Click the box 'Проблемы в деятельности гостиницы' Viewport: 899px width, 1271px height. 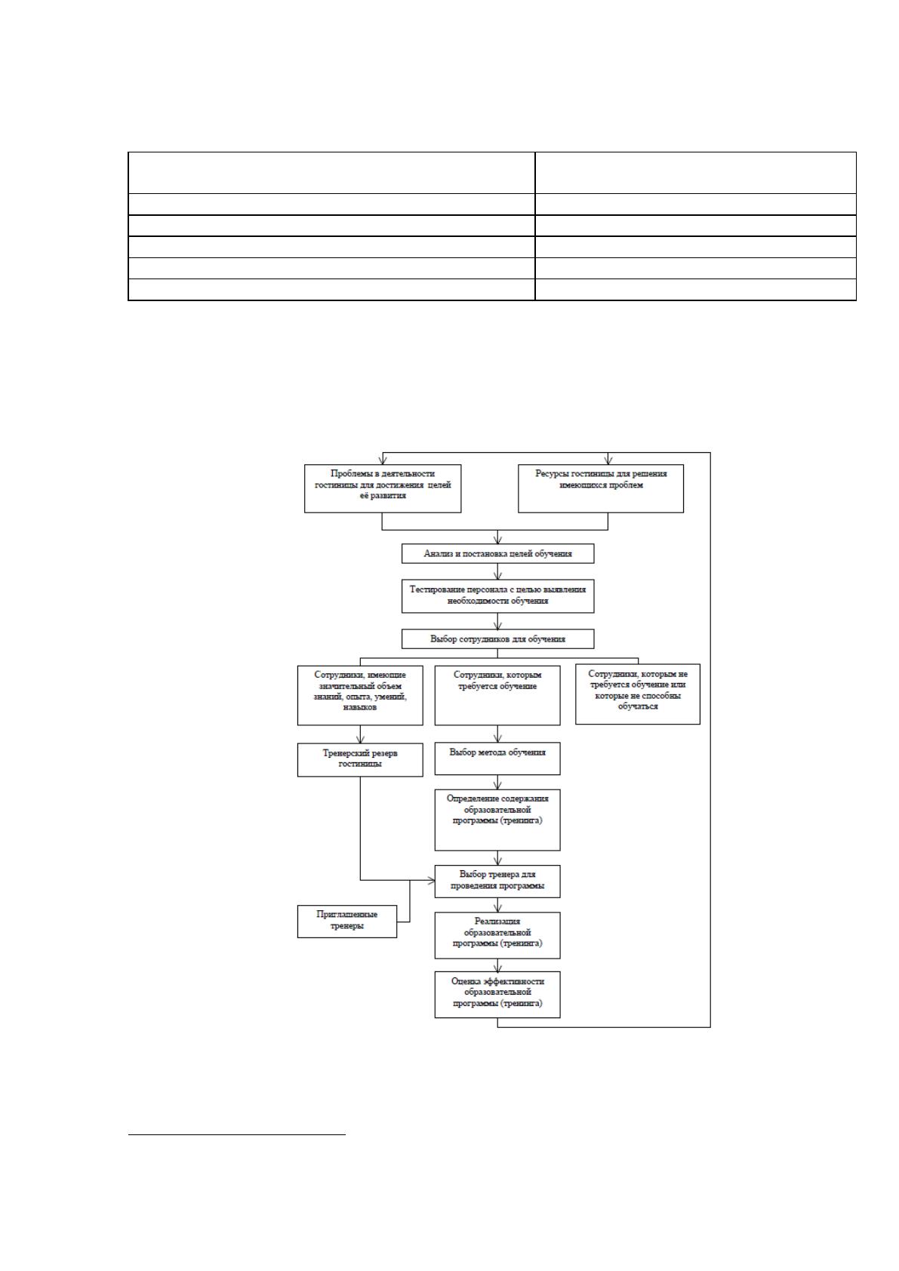pos(383,488)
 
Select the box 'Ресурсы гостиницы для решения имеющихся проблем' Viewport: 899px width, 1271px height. pos(601,488)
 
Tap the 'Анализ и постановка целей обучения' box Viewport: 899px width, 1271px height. pos(497,554)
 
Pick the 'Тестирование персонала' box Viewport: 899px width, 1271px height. pos(497,595)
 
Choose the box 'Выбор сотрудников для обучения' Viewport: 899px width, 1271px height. pos(497,639)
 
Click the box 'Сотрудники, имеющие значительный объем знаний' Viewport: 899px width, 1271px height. pos(360,695)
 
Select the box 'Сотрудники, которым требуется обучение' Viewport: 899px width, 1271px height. pos(497,695)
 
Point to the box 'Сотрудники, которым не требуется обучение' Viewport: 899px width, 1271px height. pos(637,694)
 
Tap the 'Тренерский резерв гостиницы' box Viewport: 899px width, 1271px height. pos(360,760)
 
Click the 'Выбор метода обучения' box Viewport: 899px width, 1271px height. pos(497,759)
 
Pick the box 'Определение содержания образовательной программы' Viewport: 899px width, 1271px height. pos(497,820)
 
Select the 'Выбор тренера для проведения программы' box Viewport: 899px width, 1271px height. pos(497,882)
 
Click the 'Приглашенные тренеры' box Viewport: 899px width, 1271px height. pos(346,922)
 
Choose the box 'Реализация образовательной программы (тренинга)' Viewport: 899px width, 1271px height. pos(497,935)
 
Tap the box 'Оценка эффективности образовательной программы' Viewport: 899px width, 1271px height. pos(497,995)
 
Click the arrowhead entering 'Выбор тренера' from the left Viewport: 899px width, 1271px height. pos(431,881)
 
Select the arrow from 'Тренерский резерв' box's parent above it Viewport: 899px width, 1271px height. pos(360,734)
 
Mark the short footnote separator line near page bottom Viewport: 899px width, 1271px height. pos(237,1135)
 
